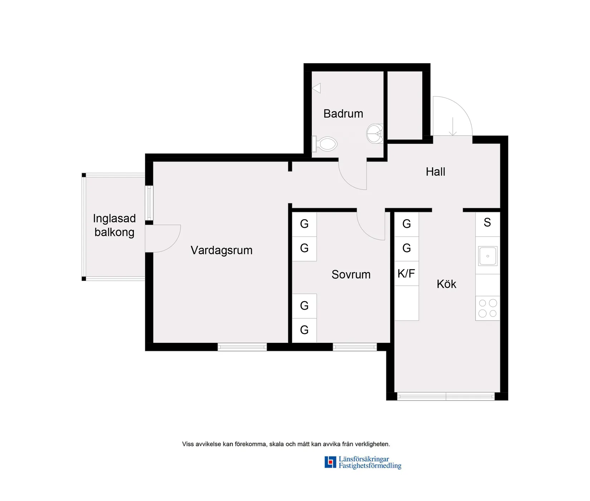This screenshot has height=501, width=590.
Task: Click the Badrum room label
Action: pyautogui.click(x=343, y=114)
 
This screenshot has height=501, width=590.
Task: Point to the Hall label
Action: pyautogui.click(x=435, y=172)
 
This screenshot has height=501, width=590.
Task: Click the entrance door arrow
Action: pyautogui.click(x=453, y=127)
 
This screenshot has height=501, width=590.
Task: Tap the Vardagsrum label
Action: pyautogui.click(x=221, y=250)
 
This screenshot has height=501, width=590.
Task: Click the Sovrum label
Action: pyautogui.click(x=351, y=274)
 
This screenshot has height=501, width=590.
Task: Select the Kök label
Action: pyautogui.click(x=446, y=284)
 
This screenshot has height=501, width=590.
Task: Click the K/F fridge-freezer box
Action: pyautogui.click(x=406, y=274)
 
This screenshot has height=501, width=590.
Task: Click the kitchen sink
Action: pyautogui.click(x=488, y=256)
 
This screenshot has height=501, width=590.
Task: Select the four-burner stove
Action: pyautogui.click(x=488, y=308)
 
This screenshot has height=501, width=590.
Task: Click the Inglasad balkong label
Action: pyautogui.click(x=114, y=225)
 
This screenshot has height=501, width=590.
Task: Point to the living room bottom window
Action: pyautogui.click(x=242, y=347)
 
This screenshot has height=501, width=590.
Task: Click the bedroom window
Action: pyautogui.click(x=355, y=347)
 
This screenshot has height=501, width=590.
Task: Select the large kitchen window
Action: pyautogui.click(x=446, y=396)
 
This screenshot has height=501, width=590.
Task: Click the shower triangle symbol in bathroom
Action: pyautogui.click(x=316, y=88)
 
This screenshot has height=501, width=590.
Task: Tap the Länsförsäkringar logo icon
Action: pyautogui.click(x=330, y=462)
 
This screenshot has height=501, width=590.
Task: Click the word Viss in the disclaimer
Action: pyautogui.click(x=188, y=444)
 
